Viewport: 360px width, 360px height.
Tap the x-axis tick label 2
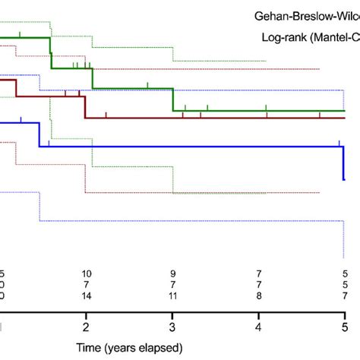click(86, 327)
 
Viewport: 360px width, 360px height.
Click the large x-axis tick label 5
click(346, 327)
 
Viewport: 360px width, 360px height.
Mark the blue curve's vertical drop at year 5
click(343, 163)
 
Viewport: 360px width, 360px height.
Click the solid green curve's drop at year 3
click(173, 99)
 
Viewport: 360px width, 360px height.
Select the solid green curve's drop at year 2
click(92, 79)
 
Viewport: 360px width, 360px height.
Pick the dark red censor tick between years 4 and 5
click(320, 115)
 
